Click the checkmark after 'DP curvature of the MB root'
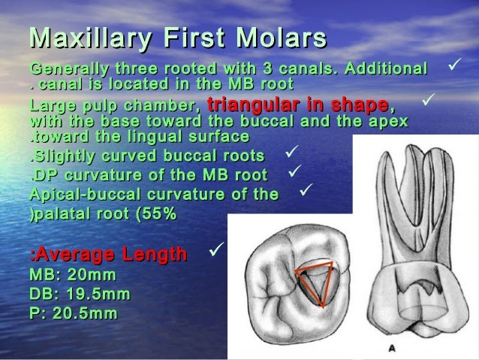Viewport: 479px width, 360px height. (x=295, y=173)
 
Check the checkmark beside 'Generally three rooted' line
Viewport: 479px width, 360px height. (x=453, y=67)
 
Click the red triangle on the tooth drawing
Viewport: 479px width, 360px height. (x=316, y=283)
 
